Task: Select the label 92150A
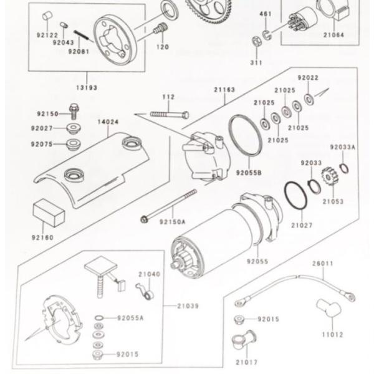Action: [173, 221]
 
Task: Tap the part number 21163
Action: [224, 90]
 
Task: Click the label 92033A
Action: [343, 147]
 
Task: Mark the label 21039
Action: [188, 306]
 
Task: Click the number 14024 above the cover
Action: [108, 122]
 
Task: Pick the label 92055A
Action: [131, 318]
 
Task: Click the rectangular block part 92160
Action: [48, 213]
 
